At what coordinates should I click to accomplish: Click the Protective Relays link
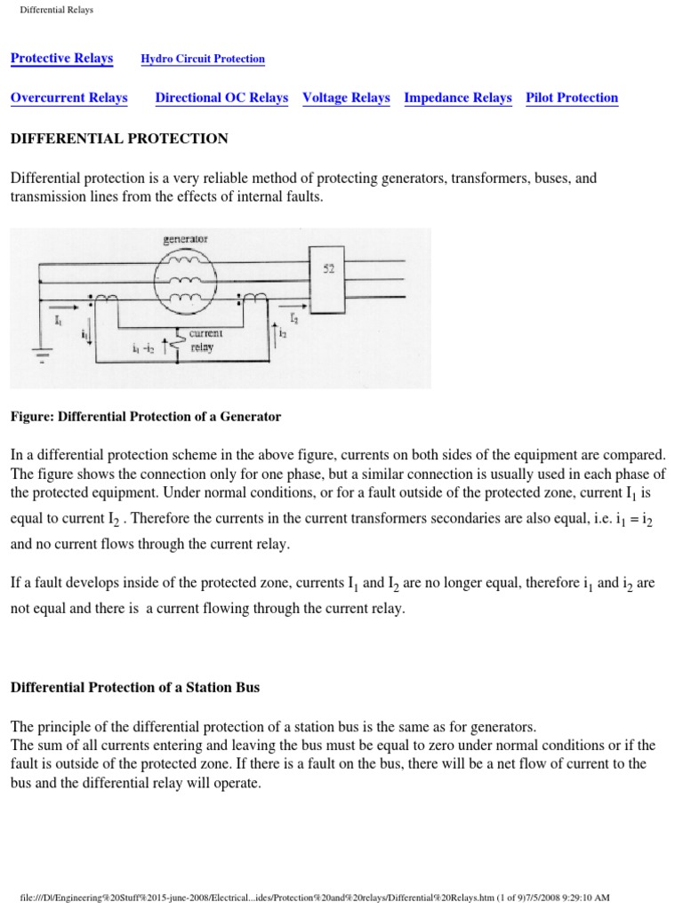pos(61,59)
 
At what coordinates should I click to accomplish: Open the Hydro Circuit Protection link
pos(203,60)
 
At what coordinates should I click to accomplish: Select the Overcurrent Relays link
pos(68,99)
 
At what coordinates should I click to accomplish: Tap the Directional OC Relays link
pos(221,99)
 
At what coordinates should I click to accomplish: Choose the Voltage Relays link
pos(346,99)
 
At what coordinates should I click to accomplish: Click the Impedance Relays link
pos(457,99)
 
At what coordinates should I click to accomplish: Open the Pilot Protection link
pos(572,99)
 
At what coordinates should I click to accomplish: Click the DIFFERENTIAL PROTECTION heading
pos(119,139)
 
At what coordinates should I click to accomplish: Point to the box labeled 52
pos(328,270)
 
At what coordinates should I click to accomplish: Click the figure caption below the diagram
pos(145,416)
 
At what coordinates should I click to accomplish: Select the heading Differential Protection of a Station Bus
pos(133,687)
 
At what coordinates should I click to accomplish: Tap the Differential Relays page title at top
pos(56,10)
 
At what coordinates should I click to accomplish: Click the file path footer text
pos(341,898)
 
